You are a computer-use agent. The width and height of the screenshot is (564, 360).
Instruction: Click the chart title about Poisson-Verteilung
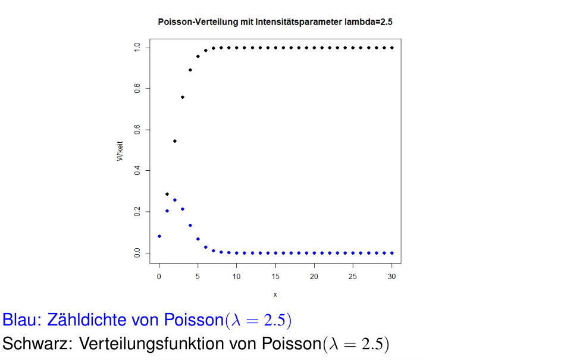point(275,21)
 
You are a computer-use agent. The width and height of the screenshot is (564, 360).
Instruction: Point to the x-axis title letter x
point(275,295)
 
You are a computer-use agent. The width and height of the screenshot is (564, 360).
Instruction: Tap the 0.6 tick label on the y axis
point(137,130)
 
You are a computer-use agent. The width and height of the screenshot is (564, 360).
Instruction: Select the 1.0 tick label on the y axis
point(137,48)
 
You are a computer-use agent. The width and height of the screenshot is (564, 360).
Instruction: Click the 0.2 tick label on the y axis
point(137,212)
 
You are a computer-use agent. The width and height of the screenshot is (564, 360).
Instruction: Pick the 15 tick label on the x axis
point(275,276)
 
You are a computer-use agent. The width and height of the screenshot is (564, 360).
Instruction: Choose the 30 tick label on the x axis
point(392,276)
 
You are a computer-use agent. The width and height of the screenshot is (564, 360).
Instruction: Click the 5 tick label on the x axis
point(198,276)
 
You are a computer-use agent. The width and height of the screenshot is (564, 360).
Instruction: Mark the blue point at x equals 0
point(159,236)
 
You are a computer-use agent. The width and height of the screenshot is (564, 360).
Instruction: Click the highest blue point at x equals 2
point(175,200)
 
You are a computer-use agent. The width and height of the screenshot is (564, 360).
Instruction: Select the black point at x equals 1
point(167,194)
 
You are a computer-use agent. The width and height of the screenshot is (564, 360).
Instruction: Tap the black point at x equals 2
point(175,141)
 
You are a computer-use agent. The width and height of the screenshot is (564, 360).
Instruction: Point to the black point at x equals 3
point(183,97)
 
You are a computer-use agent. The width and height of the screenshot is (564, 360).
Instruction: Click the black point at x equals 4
point(190,70)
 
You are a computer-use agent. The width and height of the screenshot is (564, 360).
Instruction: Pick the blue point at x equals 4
point(190,226)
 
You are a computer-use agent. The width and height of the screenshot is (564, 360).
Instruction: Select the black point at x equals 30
point(392,48)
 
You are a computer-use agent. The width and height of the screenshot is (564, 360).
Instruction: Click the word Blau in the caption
point(20,320)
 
